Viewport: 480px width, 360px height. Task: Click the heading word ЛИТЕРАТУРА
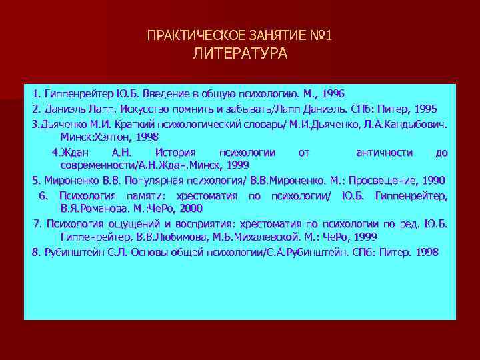tap(240, 54)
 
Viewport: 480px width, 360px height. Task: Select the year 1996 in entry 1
tap(331, 93)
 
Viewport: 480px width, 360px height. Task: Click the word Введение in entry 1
tap(172, 93)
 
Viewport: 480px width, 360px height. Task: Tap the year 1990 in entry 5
tap(430, 180)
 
